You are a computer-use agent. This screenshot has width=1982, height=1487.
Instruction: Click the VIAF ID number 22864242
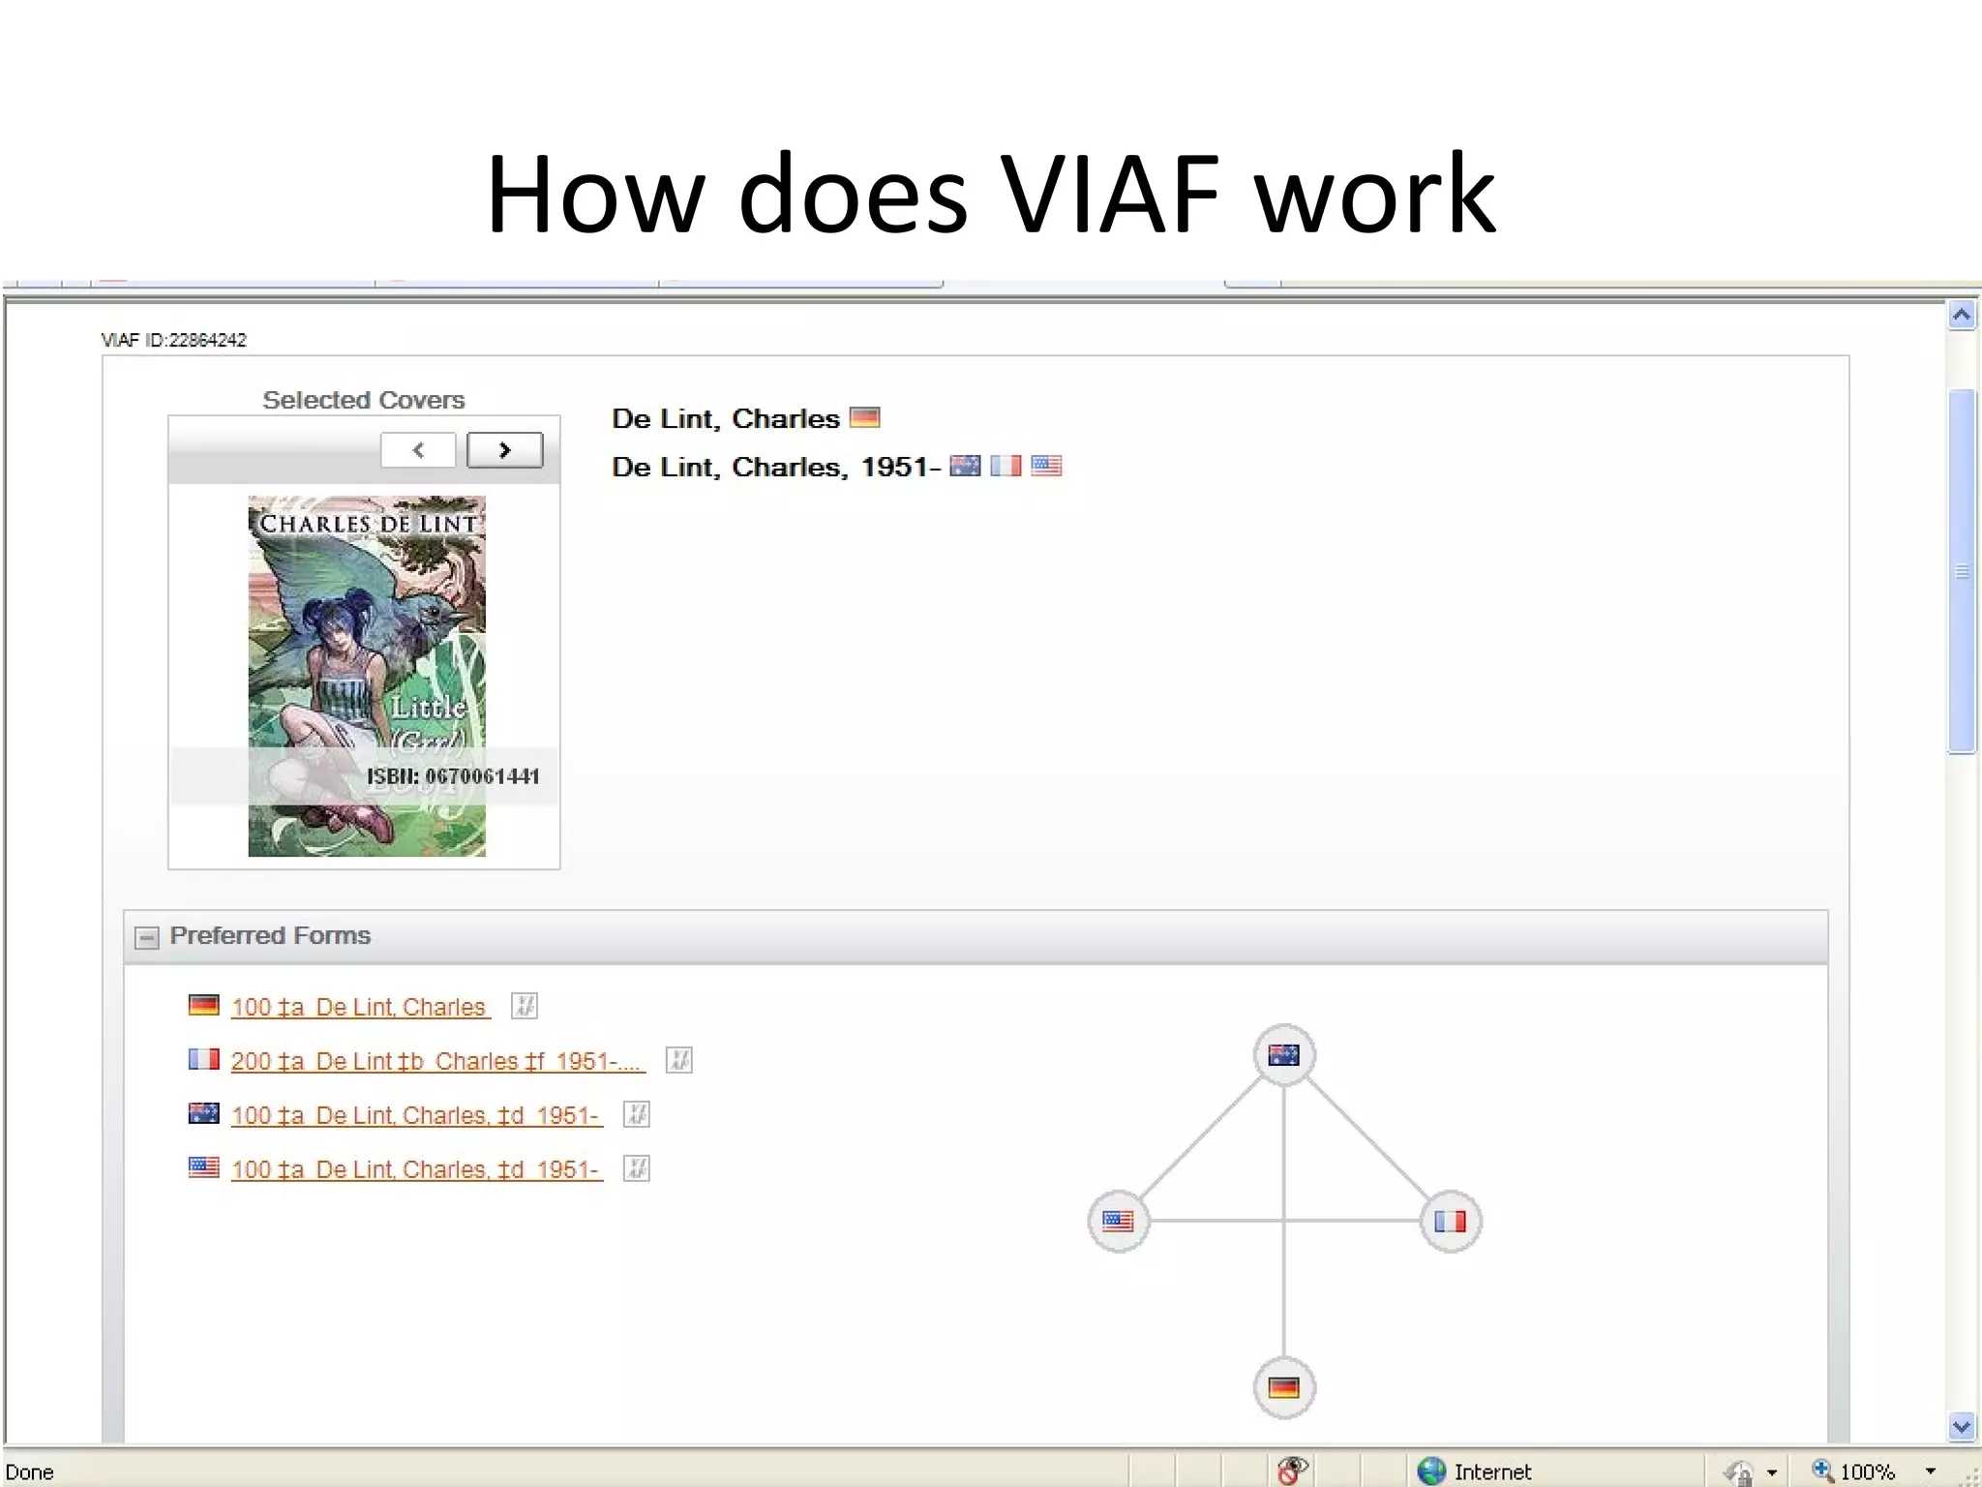pyautogui.click(x=207, y=340)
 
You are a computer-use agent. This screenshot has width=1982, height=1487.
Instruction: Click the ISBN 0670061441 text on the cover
pyautogui.click(x=452, y=776)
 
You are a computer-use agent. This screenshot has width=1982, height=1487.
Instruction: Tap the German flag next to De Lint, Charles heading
pyautogui.click(x=864, y=417)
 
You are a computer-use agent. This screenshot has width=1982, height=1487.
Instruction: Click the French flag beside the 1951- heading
pyautogui.click(x=1006, y=466)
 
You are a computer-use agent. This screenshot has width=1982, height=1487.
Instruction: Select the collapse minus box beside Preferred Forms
pyautogui.click(x=146, y=937)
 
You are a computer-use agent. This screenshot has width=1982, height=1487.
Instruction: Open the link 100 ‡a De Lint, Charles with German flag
pyautogui.click(x=359, y=1007)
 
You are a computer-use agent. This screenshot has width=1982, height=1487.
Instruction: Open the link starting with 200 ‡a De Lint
pyautogui.click(x=436, y=1061)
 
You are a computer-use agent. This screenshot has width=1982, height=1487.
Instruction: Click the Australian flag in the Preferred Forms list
pyautogui.click(x=203, y=1113)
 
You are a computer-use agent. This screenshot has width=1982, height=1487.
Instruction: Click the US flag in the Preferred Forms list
pyautogui.click(x=203, y=1168)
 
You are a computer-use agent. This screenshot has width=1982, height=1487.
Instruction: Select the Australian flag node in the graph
pyautogui.click(x=1283, y=1054)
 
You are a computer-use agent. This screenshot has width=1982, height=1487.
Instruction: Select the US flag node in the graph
pyautogui.click(x=1118, y=1221)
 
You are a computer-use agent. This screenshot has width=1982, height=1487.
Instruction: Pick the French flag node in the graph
pyautogui.click(x=1450, y=1221)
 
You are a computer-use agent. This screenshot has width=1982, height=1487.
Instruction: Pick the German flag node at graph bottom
pyautogui.click(x=1283, y=1387)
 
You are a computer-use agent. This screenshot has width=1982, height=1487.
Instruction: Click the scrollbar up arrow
pyautogui.click(x=1962, y=316)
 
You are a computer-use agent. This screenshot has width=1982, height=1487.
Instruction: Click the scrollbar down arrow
pyautogui.click(x=1962, y=1426)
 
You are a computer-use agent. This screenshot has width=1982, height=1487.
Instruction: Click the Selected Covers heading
pyautogui.click(x=364, y=400)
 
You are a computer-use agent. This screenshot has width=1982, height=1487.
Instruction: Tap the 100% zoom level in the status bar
pyautogui.click(x=1867, y=1472)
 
